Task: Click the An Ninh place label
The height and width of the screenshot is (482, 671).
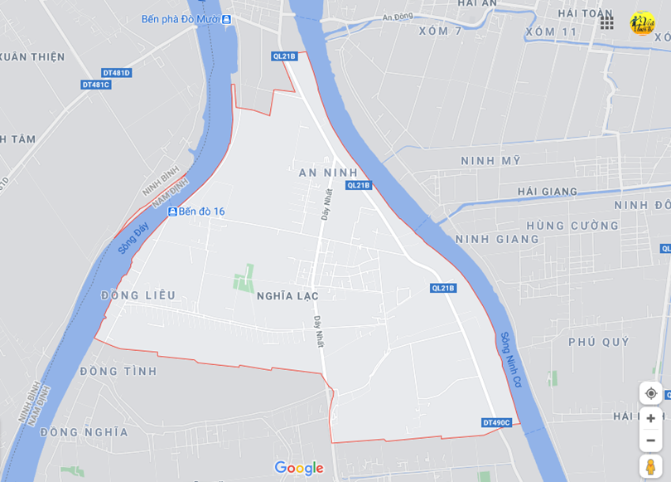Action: click(328, 173)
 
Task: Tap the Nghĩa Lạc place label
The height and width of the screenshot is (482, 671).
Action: click(287, 295)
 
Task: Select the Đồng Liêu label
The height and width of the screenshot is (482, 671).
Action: click(138, 295)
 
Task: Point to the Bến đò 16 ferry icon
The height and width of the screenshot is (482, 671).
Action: click(172, 212)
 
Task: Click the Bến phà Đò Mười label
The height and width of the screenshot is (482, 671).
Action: click(181, 19)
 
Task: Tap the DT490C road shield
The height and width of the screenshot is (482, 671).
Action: click(496, 423)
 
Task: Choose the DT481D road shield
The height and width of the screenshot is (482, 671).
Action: click(118, 73)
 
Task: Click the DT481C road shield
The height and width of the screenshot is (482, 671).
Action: click(96, 85)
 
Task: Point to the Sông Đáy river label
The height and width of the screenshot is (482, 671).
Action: click(132, 236)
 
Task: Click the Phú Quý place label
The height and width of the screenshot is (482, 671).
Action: click(599, 342)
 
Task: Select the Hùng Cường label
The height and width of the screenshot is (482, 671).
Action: click(572, 226)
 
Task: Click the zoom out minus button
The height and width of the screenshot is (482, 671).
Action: click(651, 440)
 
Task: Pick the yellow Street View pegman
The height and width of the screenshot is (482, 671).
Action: click(651, 466)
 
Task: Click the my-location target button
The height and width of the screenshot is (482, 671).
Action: click(651, 393)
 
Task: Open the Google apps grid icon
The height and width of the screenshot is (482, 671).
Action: click(607, 22)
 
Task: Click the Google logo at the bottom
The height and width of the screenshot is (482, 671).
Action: click(298, 468)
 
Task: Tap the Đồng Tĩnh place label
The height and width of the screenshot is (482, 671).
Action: click(118, 371)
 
